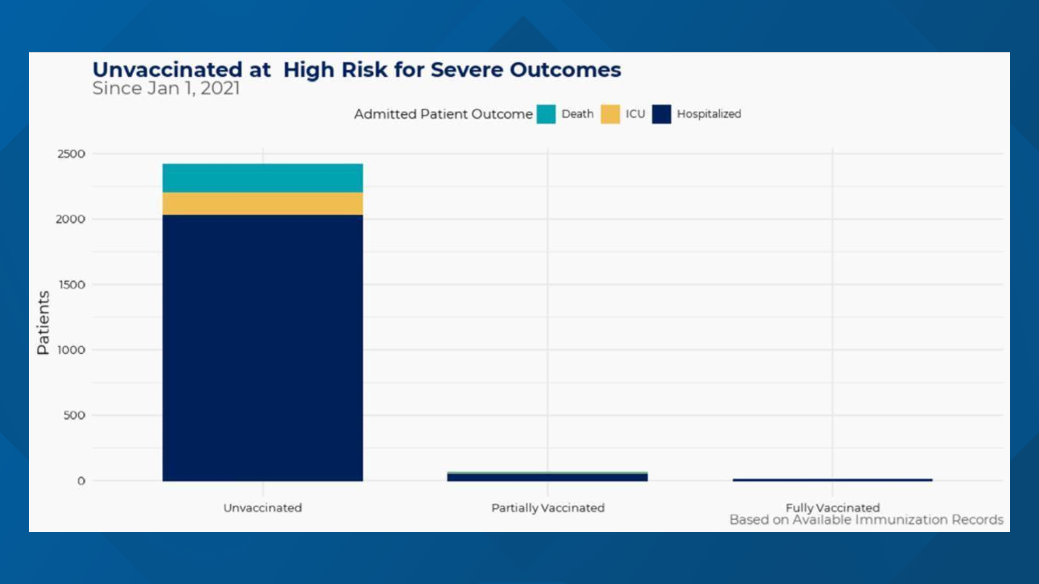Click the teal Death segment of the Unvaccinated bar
click(x=262, y=178)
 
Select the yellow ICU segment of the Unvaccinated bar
click(x=262, y=203)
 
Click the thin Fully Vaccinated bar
click(x=832, y=480)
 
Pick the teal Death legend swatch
click(x=546, y=114)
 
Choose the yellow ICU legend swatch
click(x=610, y=114)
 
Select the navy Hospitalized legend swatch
click(x=661, y=114)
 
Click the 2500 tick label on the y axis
click(x=71, y=154)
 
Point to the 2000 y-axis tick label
click(x=71, y=220)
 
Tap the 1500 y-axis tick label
click(x=72, y=285)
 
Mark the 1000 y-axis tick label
click(x=71, y=350)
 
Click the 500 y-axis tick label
click(x=74, y=416)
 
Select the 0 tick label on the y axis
click(x=81, y=481)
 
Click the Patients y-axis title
click(x=43, y=322)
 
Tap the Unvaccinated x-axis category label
click(x=262, y=508)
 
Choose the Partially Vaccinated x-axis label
click(x=548, y=508)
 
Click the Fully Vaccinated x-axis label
click(x=832, y=508)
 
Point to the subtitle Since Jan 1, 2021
click(x=166, y=89)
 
